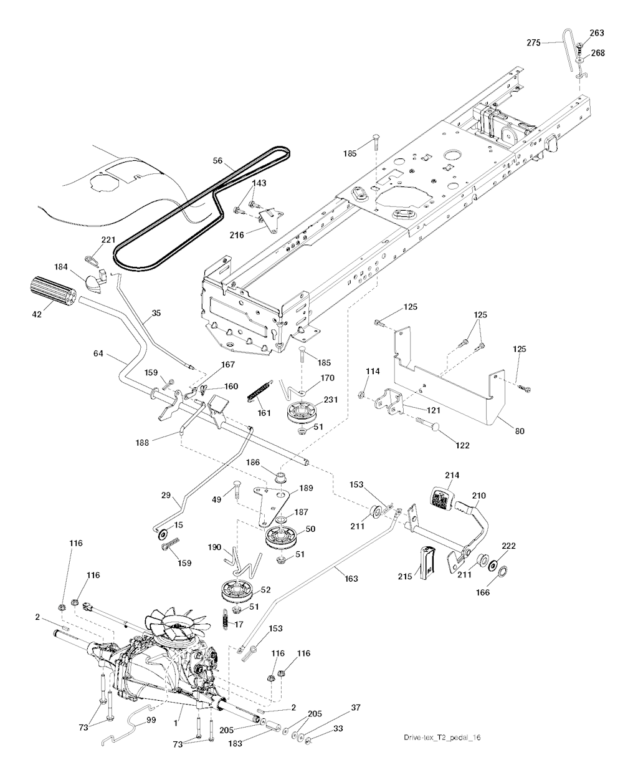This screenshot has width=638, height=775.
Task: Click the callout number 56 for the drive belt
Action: coord(217,161)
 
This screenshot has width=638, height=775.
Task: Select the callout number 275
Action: coord(534,42)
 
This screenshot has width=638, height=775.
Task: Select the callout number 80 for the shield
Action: coord(520,431)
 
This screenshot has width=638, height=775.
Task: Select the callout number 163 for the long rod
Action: coord(351,578)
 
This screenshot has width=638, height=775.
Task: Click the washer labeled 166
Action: coord(503,570)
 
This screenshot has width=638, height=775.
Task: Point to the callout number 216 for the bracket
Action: coord(237,234)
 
